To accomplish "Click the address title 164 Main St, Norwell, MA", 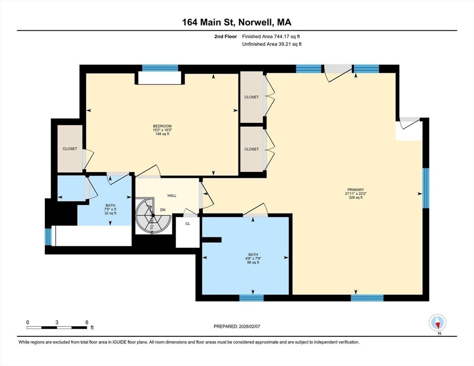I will click(x=237, y=22).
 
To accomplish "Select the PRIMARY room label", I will click(x=355, y=190).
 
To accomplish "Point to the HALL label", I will click(x=172, y=195).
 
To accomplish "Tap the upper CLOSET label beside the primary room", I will click(x=251, y=97).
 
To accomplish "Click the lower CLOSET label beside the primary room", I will click(x=251, y=149).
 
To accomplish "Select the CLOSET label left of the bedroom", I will click(x=70, y=149).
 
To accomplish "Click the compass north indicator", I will click(x=437, y=324).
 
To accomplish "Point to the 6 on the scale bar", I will click(x=86, y=322).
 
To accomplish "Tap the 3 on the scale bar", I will click(x=57, y=322).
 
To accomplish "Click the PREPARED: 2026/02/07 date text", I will click(x=237, y=326).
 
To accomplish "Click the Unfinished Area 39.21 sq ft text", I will click(x=272, y=44).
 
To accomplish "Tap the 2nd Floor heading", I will click(x=227, y=36).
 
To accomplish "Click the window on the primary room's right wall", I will click(x=426, y=188).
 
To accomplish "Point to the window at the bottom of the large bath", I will click(x=251, y=298).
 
